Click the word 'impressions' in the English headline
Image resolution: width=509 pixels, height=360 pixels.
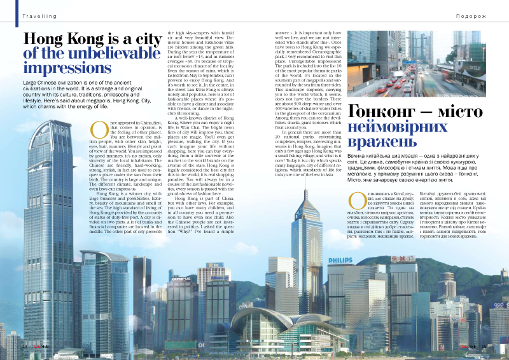tap(67, 68)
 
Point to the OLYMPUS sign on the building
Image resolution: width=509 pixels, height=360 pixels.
tap(182, 279)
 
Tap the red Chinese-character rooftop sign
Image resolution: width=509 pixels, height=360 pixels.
tap(402, 259)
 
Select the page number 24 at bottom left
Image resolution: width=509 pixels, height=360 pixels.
tap(24, 347)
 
